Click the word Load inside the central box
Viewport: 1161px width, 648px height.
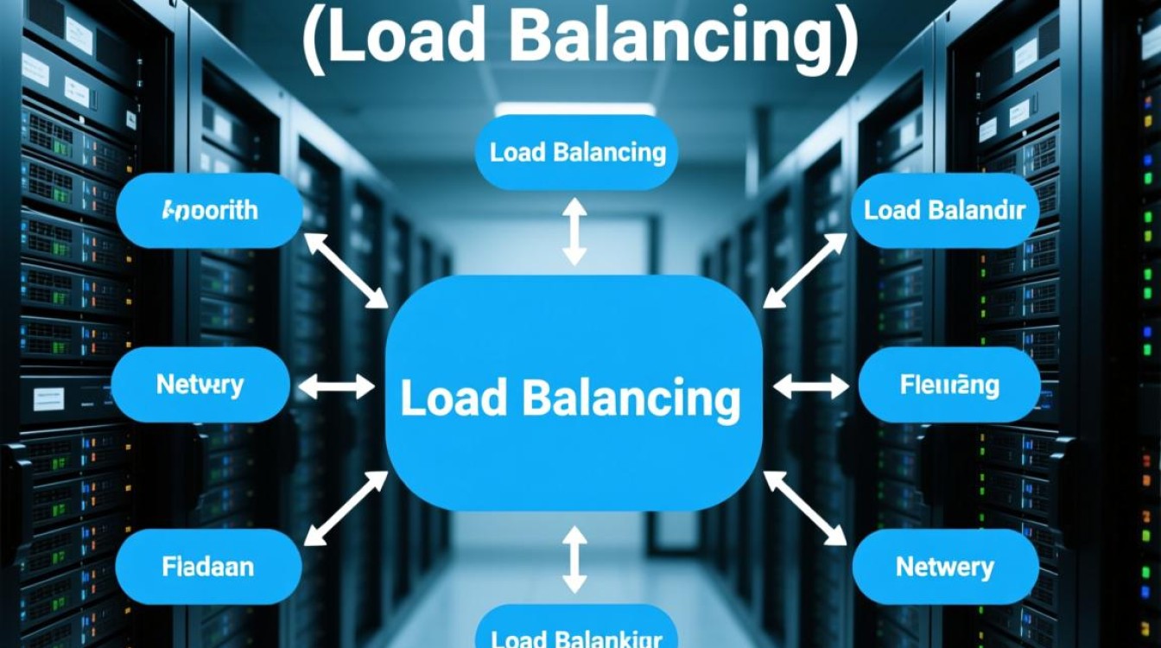click(x=453, y=398)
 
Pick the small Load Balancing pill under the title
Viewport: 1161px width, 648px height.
click(x=577, y=153)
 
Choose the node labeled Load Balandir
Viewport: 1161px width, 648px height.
click(x=944, y=210)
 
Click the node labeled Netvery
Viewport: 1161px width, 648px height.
click(x=200, y=384)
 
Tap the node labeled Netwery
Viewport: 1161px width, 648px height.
click(x=945, y=567)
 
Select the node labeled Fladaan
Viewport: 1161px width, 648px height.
click(x=208, y=567)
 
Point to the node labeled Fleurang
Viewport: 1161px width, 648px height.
click(x=949, y=384)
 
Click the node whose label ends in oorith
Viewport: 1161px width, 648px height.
click(x=210, y=210)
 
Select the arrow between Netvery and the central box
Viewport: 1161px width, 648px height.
click(x=336, y=387)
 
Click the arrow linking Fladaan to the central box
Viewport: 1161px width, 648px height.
click(x=346, y=509)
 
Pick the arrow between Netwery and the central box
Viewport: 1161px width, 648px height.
click(x=804, y=509)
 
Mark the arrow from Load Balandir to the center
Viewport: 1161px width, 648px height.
click(x=805, y=270)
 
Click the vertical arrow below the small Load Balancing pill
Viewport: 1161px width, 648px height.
click(x=574, y=231)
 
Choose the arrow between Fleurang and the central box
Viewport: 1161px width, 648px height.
click(x=810, y=387)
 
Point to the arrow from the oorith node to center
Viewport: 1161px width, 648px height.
click(x=346, y=270)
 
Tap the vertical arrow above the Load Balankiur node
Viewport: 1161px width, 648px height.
click(x=574, y=560)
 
